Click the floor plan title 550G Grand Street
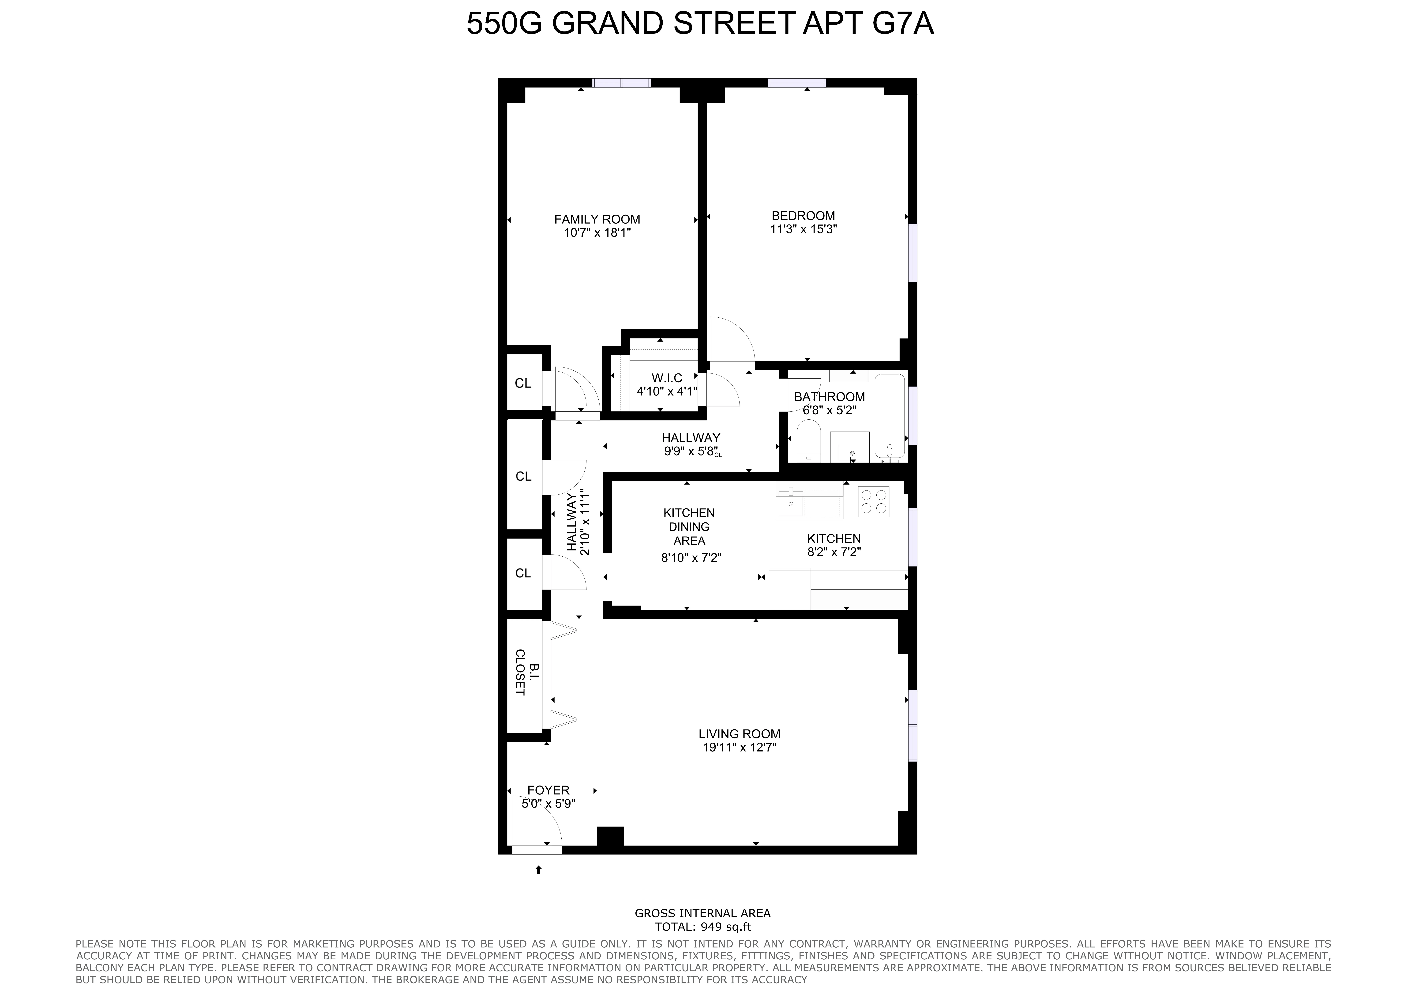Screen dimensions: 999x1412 pos(700,24)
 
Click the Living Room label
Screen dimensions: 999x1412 pos(739,734)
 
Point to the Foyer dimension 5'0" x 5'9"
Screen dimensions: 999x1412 pos(548,803)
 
